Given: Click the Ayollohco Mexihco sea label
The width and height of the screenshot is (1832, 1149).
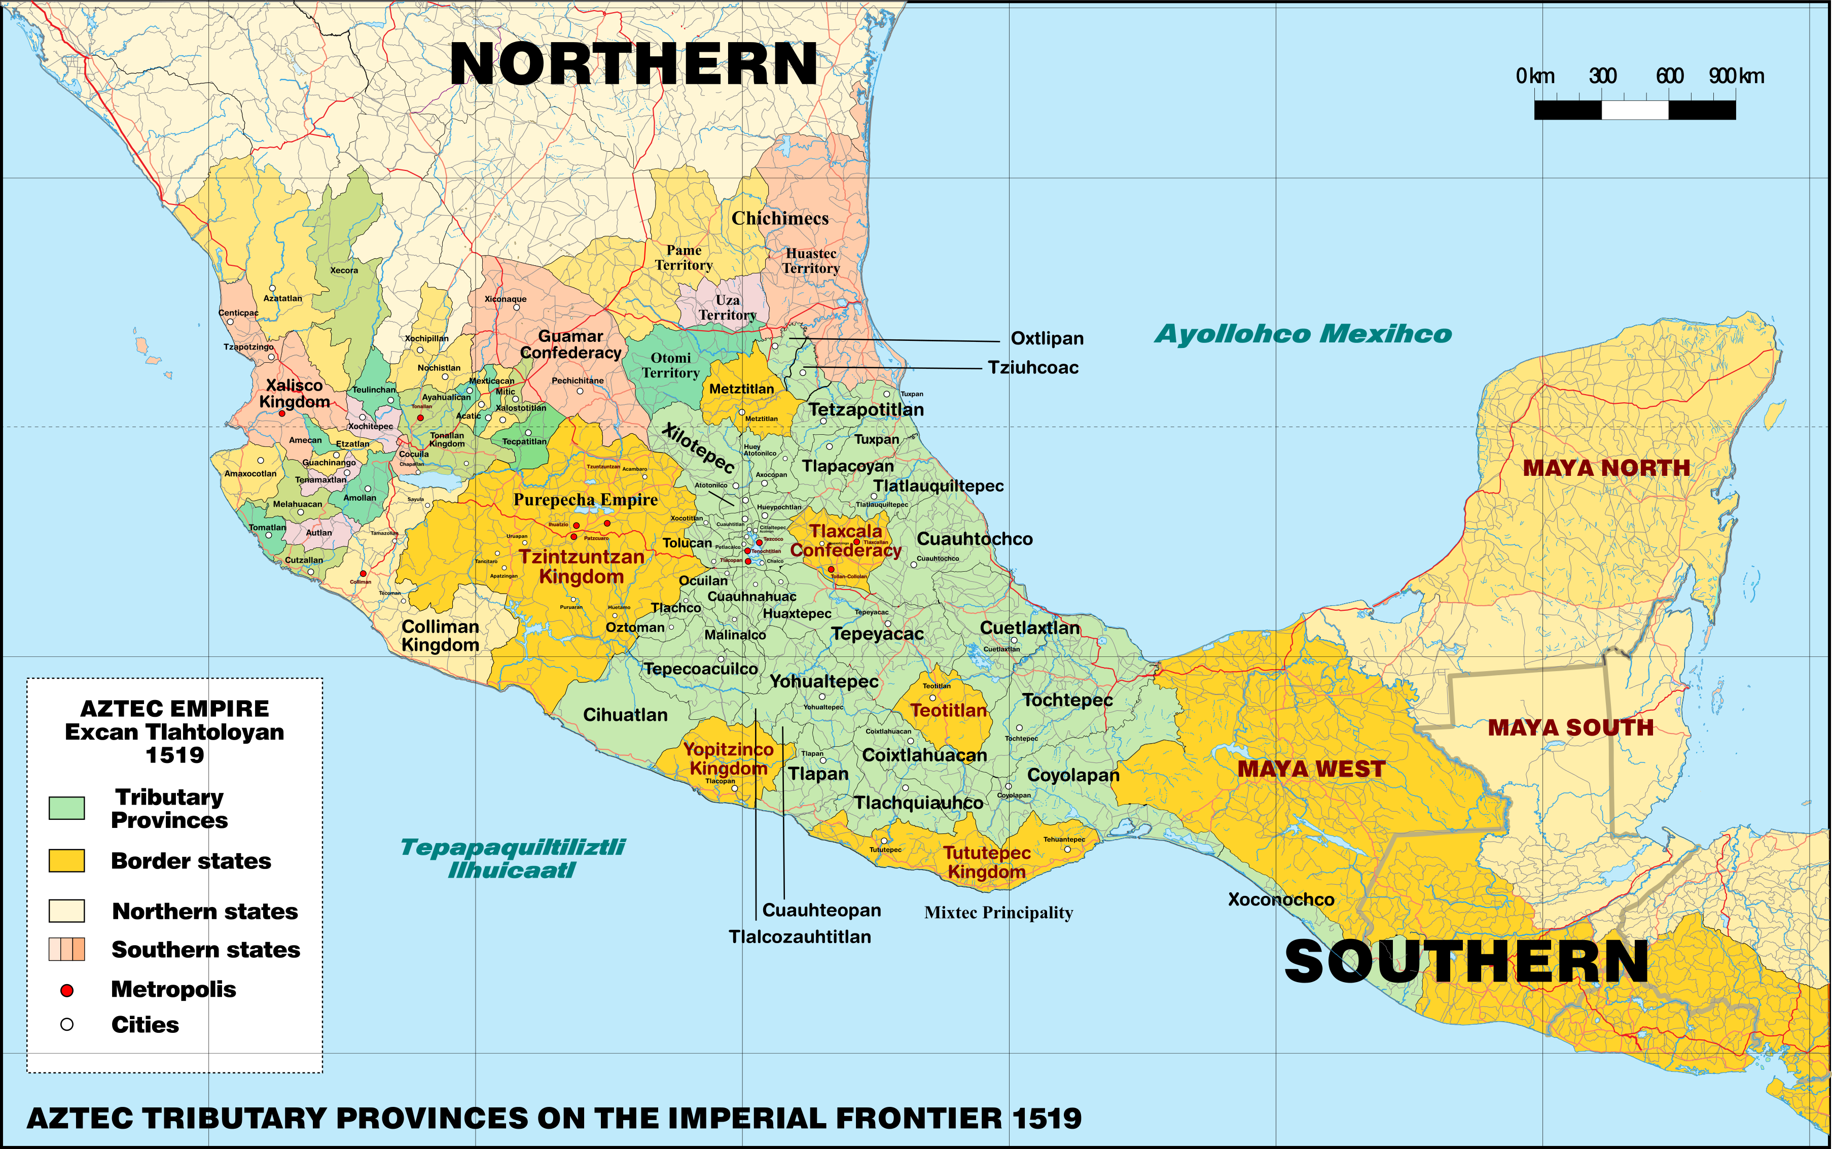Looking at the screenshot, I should coord(1303,334).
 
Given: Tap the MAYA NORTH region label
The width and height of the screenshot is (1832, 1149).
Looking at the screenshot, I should coord(1606,468).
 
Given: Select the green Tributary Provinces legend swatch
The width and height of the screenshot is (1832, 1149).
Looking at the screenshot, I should coord(67,808).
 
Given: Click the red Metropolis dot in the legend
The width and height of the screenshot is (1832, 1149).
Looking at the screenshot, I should coord(67,990).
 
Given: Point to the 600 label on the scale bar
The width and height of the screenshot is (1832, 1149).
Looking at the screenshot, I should coord(1669,76).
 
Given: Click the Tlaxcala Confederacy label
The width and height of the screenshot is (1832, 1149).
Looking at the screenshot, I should coord(845,540).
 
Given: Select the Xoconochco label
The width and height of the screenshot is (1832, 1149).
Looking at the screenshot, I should coord(1281,900).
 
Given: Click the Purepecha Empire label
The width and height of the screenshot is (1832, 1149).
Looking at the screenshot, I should coord(586,500).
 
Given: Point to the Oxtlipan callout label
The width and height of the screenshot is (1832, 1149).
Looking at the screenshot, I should coord(1047,339).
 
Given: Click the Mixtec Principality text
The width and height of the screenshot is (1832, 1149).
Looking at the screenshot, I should coord(998,913).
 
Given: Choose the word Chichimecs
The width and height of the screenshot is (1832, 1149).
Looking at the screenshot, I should coord(780,219).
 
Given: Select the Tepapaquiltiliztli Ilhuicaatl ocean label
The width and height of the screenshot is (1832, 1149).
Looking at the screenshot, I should coord(513,858).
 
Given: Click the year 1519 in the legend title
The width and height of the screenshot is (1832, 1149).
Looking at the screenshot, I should coord(175,755).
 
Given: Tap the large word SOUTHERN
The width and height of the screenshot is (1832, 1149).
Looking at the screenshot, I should coord(1466,961).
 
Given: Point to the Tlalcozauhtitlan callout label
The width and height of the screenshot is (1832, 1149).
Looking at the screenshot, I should coord(800,937).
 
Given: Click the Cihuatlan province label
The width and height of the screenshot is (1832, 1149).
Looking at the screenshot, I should coord(625,715).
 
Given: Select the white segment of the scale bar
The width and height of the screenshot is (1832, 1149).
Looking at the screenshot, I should coord(1635,110).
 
